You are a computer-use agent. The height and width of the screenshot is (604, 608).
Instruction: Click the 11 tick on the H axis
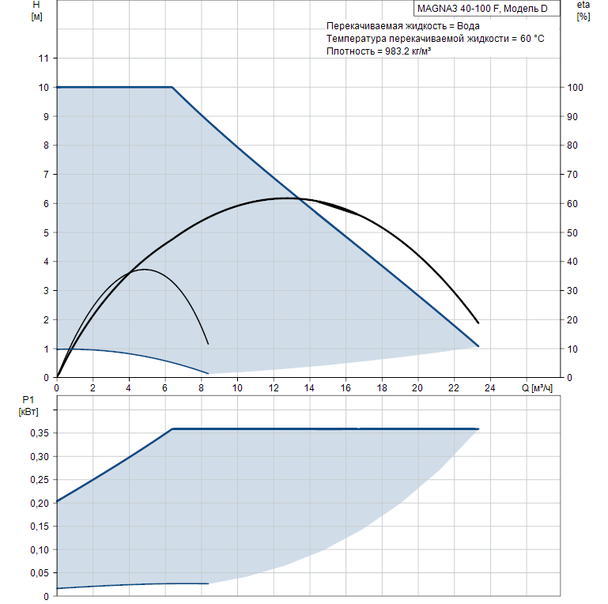click(x=44, y=59)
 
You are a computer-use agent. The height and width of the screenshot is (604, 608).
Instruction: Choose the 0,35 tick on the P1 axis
click(x=39, y=433)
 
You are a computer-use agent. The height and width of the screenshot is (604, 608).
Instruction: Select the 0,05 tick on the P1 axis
click(x=39, y=572)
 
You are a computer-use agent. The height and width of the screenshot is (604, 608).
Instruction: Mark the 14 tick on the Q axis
click(x=309, y=388)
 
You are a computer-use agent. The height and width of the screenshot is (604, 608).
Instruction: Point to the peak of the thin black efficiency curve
click(x=144, y=270)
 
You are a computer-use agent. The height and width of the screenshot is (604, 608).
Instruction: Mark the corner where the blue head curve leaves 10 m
click(x=172, y=87)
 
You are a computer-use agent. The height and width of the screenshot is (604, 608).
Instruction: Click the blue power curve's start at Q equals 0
click(x=57, y=501)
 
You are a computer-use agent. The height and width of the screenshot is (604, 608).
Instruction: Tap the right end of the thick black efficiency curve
click(x=478, y=323)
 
